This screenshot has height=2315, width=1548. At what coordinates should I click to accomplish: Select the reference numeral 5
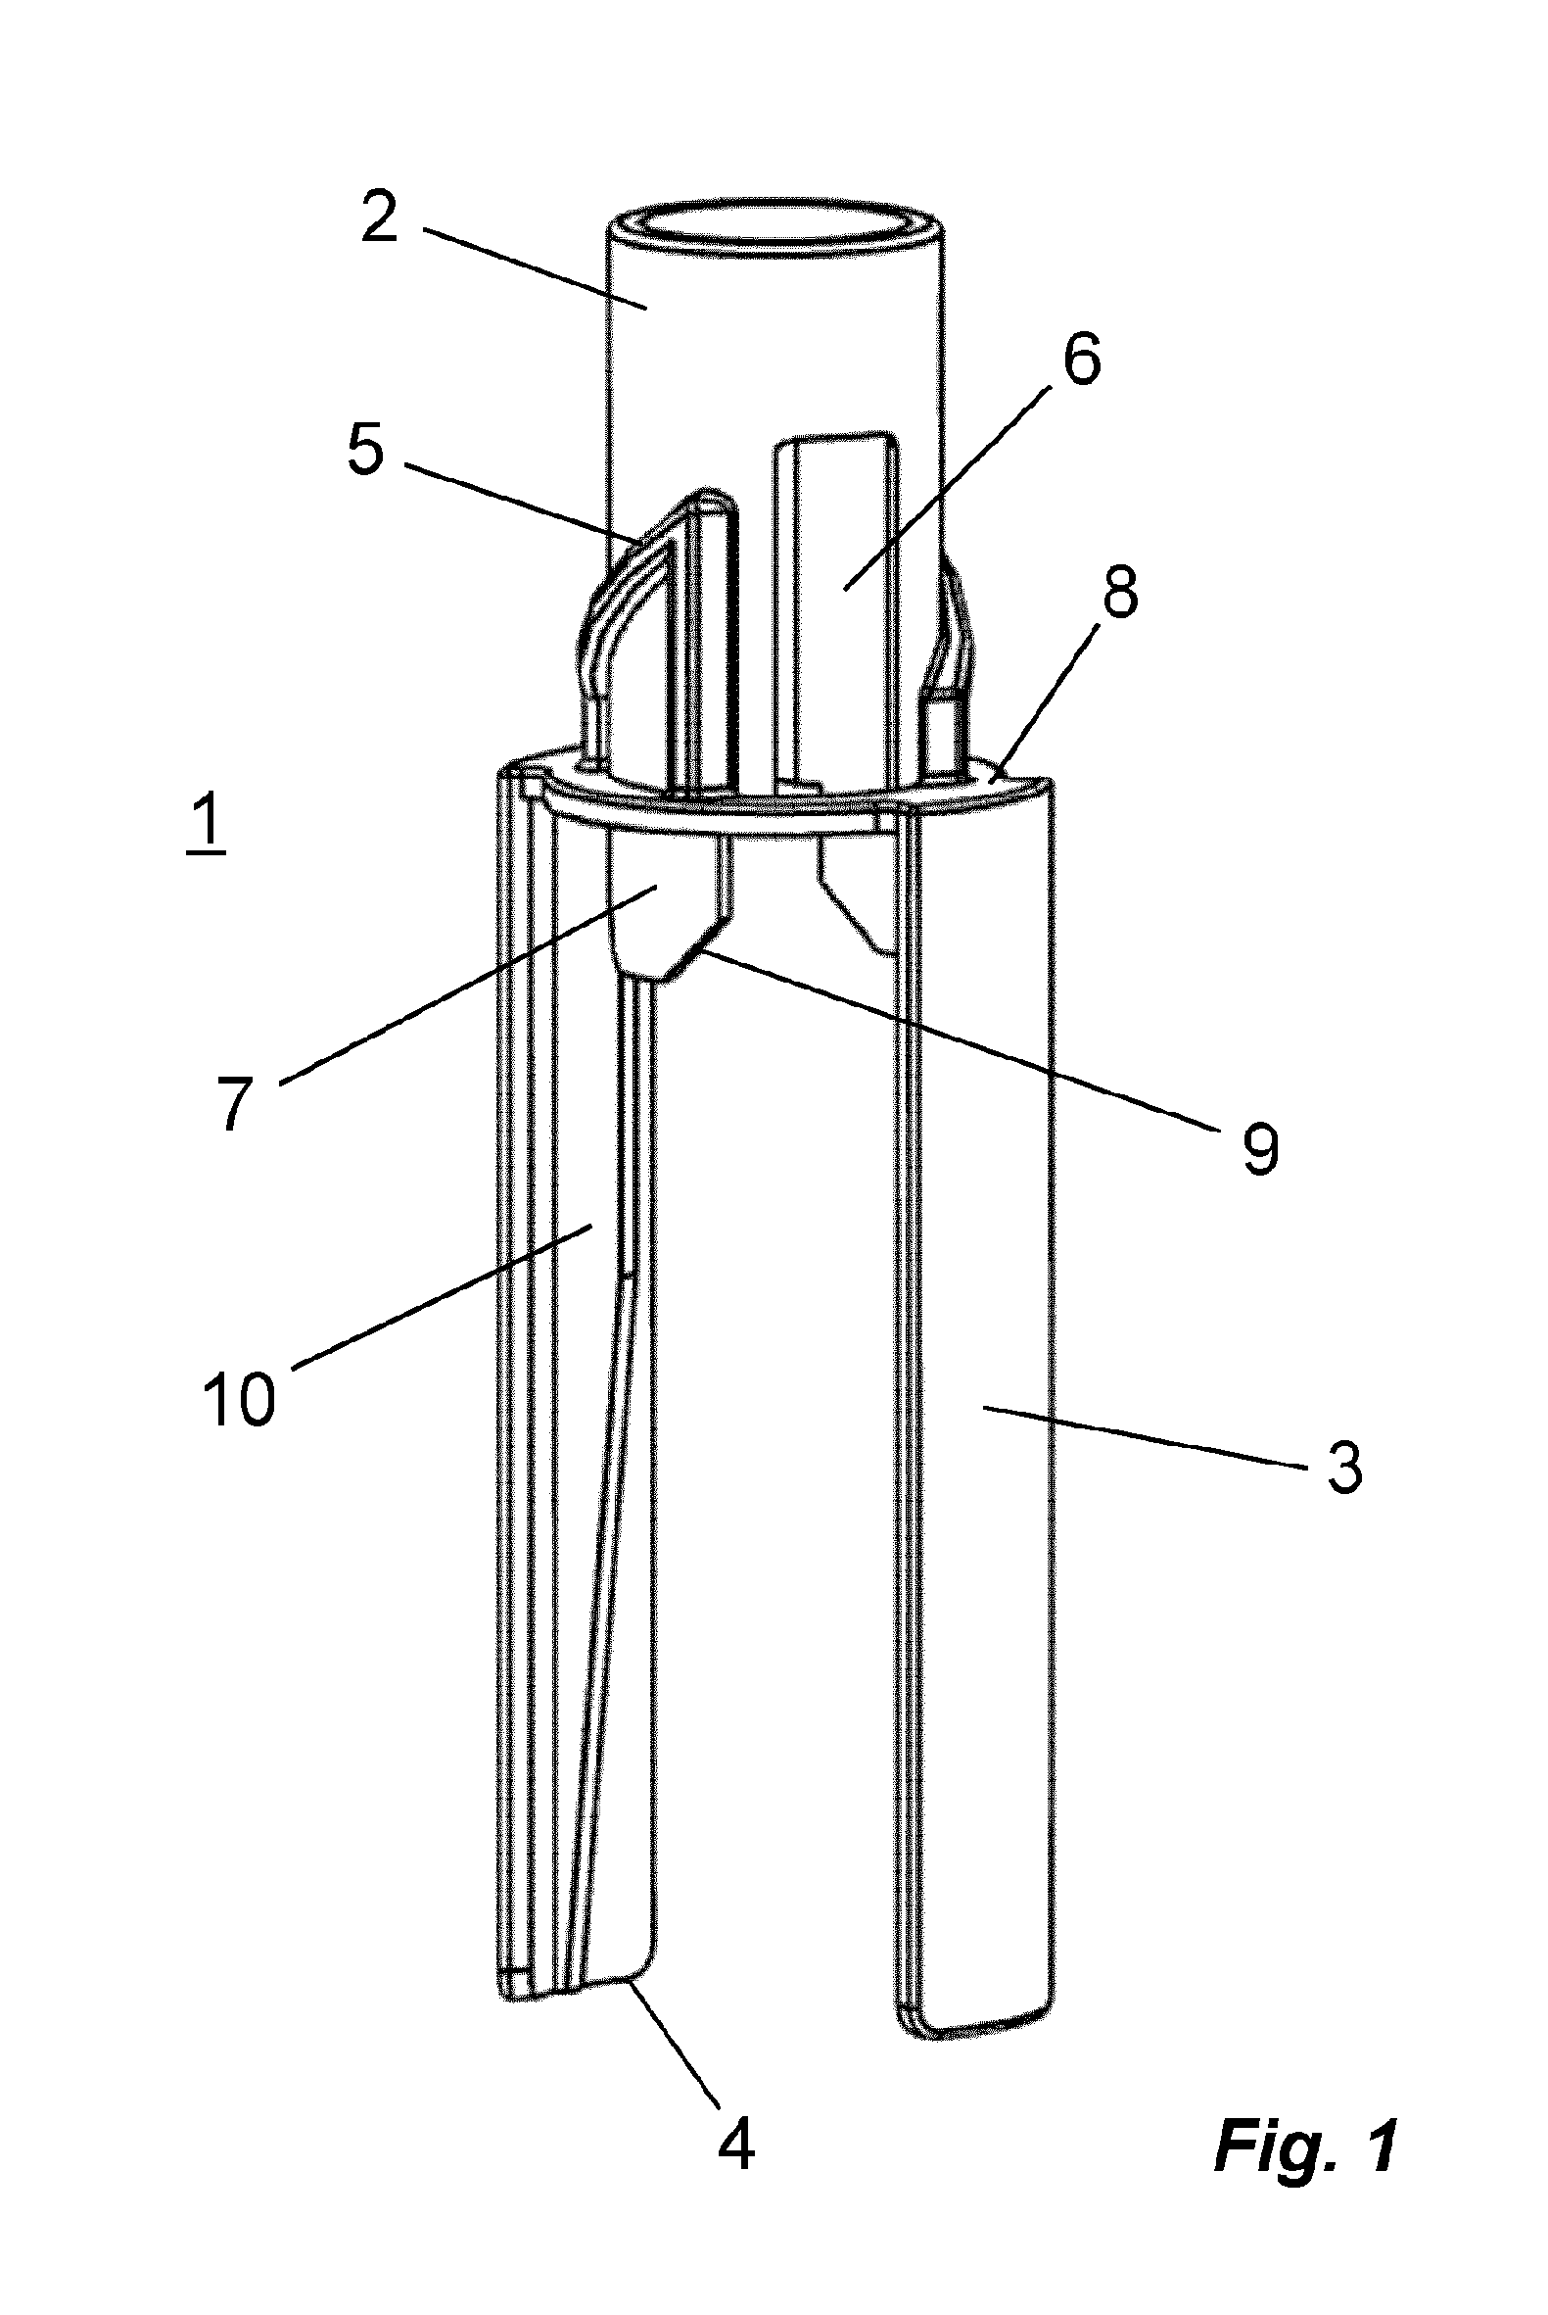coord(364,452)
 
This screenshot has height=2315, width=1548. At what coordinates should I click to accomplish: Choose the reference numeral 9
coord(1259,1147)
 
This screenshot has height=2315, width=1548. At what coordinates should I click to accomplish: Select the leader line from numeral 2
coord(537,268)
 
